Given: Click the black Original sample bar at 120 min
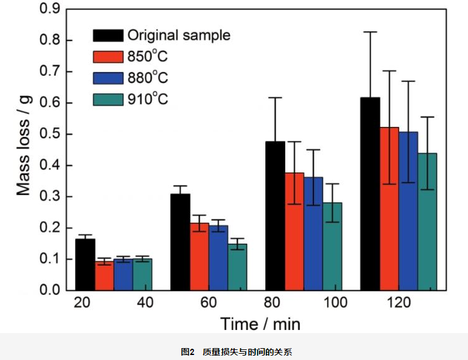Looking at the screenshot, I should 370,194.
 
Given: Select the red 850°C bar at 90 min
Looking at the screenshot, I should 295,231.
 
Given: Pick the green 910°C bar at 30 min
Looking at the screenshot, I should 142,274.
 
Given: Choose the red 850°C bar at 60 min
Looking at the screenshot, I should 200,256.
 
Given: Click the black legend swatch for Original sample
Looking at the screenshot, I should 107,35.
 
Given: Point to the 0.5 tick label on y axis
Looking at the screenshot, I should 49,134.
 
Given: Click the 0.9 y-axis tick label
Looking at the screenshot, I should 49,9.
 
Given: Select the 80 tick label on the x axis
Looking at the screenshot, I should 275,303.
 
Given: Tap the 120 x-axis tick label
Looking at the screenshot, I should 399,303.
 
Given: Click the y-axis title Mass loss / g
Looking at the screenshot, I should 24,151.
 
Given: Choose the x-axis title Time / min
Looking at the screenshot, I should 260,324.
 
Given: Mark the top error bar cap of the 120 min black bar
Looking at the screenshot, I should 370,32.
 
